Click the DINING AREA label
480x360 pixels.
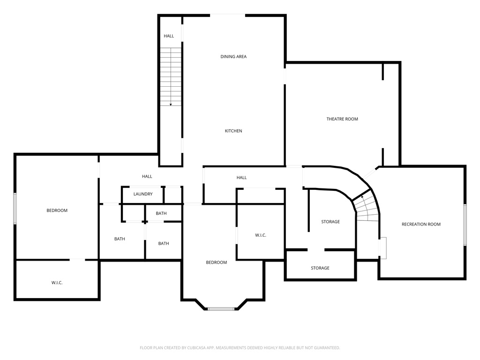click(x=233, y=57)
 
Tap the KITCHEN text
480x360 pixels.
click(x=233, y=131)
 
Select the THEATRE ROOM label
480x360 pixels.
click(x=342, y=119)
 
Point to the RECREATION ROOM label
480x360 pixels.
click(x=421, y=224)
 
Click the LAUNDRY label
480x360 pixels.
click(x=142, y=194)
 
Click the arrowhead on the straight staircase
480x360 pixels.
click(x=171, y=104)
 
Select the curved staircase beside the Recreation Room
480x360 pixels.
click(x=366, y=208)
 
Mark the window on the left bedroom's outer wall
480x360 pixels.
click(x=15, y=208)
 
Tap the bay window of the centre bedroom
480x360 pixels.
click(x=221, y=308)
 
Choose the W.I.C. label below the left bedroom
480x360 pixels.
click(x=57, y=283)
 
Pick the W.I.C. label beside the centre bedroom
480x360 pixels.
click(x=261, y=235)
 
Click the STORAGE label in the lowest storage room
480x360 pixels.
click(x=320, y=268)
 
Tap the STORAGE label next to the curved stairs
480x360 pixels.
click(x=330, y=222)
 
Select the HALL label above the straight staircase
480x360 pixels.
click(x=169, y=36)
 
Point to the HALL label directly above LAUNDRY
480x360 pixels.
click(x=147, y=176)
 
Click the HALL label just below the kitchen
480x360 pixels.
click(x=241, y=178)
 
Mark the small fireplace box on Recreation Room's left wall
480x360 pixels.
click(x=382, y=247)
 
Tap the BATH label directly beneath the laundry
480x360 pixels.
click(x=161, y=213)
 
